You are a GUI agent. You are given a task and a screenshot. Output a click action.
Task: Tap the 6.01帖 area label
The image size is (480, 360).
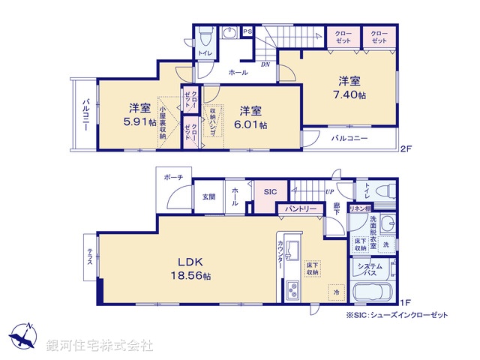coord(253,124)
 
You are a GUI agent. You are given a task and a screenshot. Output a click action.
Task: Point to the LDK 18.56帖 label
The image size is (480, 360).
coord(193,276)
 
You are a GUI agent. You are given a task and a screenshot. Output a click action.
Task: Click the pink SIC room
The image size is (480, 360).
coord(269,192)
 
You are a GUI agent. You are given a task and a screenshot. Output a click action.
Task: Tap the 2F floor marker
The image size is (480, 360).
coord(405,148)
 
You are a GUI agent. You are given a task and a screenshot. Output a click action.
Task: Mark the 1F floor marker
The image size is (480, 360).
coord(405,303)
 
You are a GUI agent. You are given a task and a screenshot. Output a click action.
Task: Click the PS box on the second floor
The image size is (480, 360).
coord(247,31)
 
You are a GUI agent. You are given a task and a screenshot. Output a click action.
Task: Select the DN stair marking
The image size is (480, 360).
coord(265,65)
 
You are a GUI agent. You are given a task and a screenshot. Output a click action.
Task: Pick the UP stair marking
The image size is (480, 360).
coord(329,192)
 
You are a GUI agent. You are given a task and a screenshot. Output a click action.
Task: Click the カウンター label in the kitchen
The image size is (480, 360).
coord(280,256)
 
